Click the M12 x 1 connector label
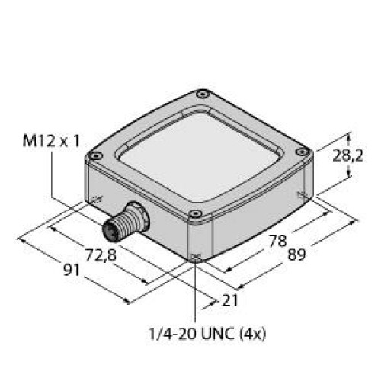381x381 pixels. pos(51,141)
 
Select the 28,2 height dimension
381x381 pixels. pos(348,155)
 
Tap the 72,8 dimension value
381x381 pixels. pos(101,255)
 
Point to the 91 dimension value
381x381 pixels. pos(72,271)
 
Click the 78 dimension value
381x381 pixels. pos(278,241)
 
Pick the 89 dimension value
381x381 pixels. pos(296,255)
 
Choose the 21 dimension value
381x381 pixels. pos(230,301)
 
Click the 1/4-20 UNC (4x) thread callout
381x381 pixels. pos(207,334)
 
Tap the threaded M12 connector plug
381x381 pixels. pos(126,221)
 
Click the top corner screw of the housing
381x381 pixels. pos(203,94)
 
